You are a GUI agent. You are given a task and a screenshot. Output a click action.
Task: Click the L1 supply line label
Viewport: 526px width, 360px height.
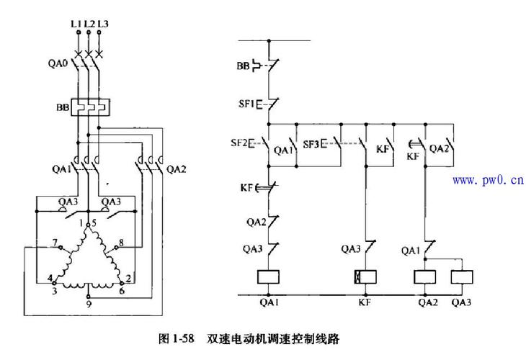[75, 23]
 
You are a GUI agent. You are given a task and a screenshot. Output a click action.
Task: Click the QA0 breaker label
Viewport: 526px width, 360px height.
[58, 63]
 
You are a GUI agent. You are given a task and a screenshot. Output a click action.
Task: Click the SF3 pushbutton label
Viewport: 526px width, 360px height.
[311, 144]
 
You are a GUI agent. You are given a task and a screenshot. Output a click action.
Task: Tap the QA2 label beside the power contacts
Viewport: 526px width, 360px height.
[177, 171]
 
